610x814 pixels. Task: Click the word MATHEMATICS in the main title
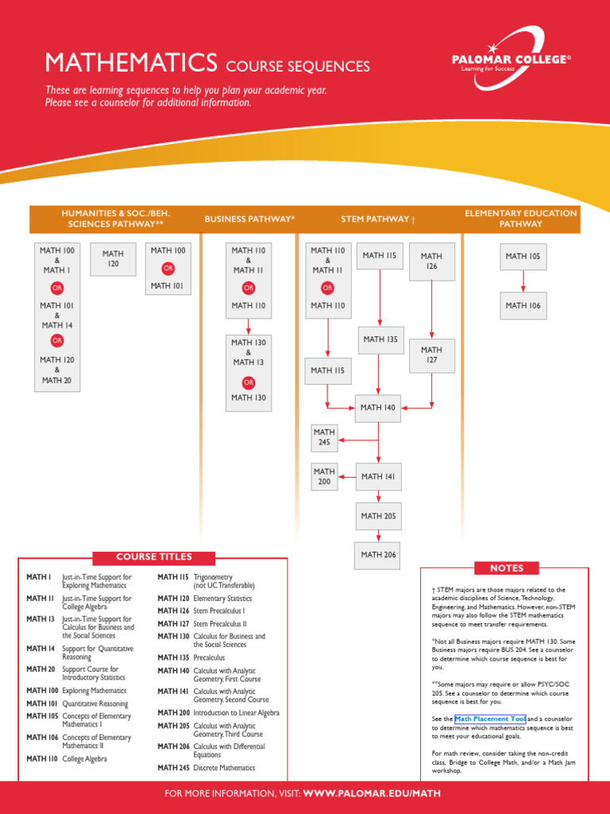click(x=131, y=63)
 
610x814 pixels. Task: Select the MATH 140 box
click(x=378, y=408)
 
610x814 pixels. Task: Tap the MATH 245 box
click(x=324, y=437)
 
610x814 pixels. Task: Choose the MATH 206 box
click(x=378, y=555)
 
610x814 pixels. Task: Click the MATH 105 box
click(x=523, y=257)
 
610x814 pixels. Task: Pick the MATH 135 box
click(x=380, y=339)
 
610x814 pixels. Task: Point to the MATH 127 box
click(x=431, y=355)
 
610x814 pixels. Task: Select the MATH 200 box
click(x=324, y=477)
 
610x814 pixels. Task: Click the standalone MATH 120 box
click(x=113, y=259)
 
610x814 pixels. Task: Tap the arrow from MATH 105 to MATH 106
click(x=523, y=281)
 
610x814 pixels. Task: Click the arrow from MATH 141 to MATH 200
click(x=346, y=477)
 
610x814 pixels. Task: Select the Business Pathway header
click(x=249, y=219)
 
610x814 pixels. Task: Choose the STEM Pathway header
click(x=378, y=219)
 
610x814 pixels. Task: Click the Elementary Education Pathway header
click(x=521, y=219)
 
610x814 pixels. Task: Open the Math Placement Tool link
click(x=490, y=719)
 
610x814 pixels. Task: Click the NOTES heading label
click(x=507, y=568)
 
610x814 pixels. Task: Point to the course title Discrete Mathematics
click(x=225, y=768)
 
